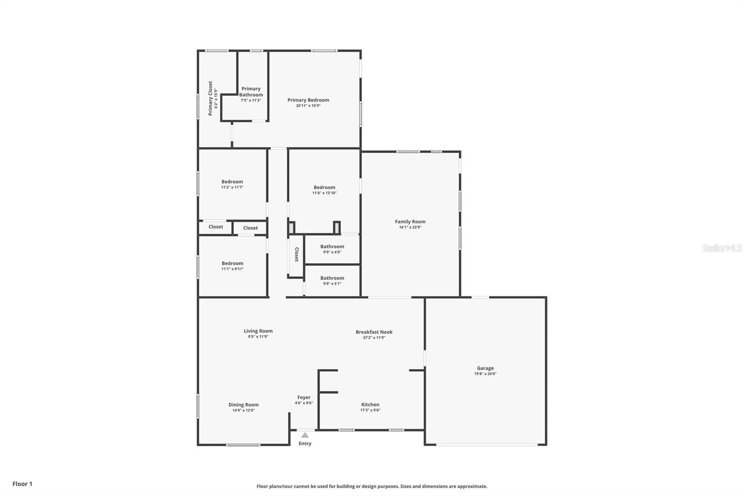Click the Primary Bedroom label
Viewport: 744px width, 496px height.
coord(308,100)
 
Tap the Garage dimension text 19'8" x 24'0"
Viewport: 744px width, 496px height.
coord(485,374)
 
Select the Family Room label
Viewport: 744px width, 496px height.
coord(410,222)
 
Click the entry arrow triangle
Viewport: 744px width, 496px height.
coord(305,436)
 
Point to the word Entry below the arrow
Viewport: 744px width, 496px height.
coord(305,443)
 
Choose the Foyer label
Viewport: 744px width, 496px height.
coord(304,398)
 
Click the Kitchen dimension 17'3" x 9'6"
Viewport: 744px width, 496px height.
coord(370,410)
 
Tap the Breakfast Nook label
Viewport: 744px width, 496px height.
coord(374,332)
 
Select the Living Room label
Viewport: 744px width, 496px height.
coord(258,331)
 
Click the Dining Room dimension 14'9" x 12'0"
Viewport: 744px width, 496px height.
coord(243,410)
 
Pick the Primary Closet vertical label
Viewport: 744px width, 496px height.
coord(210,98)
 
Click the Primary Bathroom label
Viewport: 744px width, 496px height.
coord(251,92)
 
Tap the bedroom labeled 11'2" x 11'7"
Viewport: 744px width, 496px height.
coord(232,182)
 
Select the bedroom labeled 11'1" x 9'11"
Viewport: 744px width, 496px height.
coord(232,263)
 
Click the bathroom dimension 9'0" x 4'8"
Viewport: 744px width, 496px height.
coord(332,252)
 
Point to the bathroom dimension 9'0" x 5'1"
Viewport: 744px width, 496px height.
coord(332,284)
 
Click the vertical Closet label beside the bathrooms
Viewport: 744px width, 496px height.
coord(296,255)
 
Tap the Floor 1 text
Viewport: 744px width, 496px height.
coord(22,484)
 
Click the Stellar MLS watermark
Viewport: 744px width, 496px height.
coord(722,248)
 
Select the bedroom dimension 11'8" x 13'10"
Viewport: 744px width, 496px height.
coord(324,193)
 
